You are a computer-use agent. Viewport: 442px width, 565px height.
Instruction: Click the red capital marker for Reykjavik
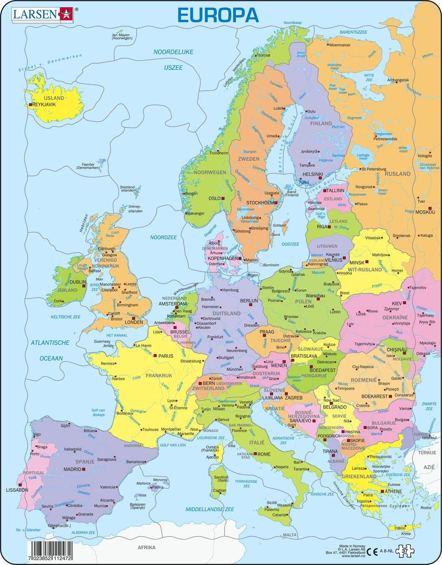click(x=30, y=105)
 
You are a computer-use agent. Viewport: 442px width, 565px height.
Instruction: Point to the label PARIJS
click(x=166, y=356)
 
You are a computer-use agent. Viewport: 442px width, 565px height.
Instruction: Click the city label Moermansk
click(x=341, y=45)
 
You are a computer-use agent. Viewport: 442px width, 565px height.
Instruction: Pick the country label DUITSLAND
click(x=227, y=313)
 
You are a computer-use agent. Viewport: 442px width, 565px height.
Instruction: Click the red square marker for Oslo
click(x=223, y=198)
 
